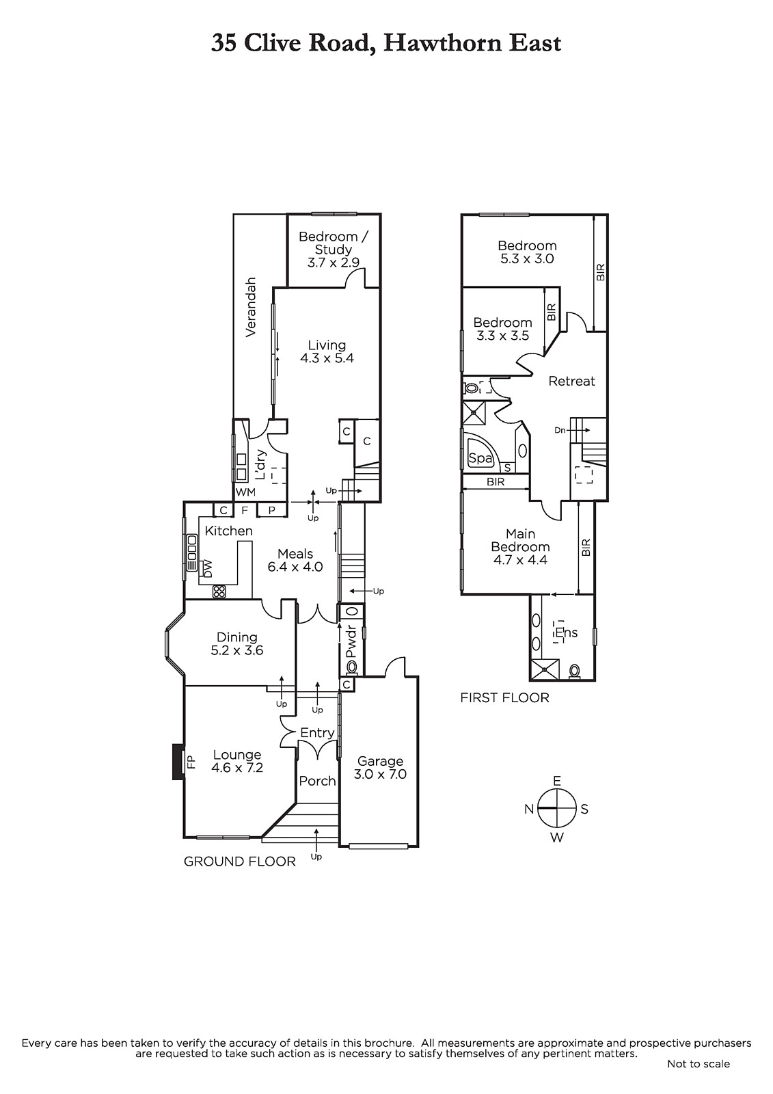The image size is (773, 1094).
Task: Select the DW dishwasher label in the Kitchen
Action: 208,568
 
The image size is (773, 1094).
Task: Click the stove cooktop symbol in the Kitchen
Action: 219,592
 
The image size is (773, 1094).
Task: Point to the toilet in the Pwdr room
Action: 351,667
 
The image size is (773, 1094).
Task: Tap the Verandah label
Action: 251,307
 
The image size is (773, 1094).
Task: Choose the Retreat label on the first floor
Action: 571,381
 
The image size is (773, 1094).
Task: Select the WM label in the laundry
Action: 245,492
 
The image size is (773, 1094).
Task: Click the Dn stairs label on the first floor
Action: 560,430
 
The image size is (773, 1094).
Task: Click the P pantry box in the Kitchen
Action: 271,510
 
